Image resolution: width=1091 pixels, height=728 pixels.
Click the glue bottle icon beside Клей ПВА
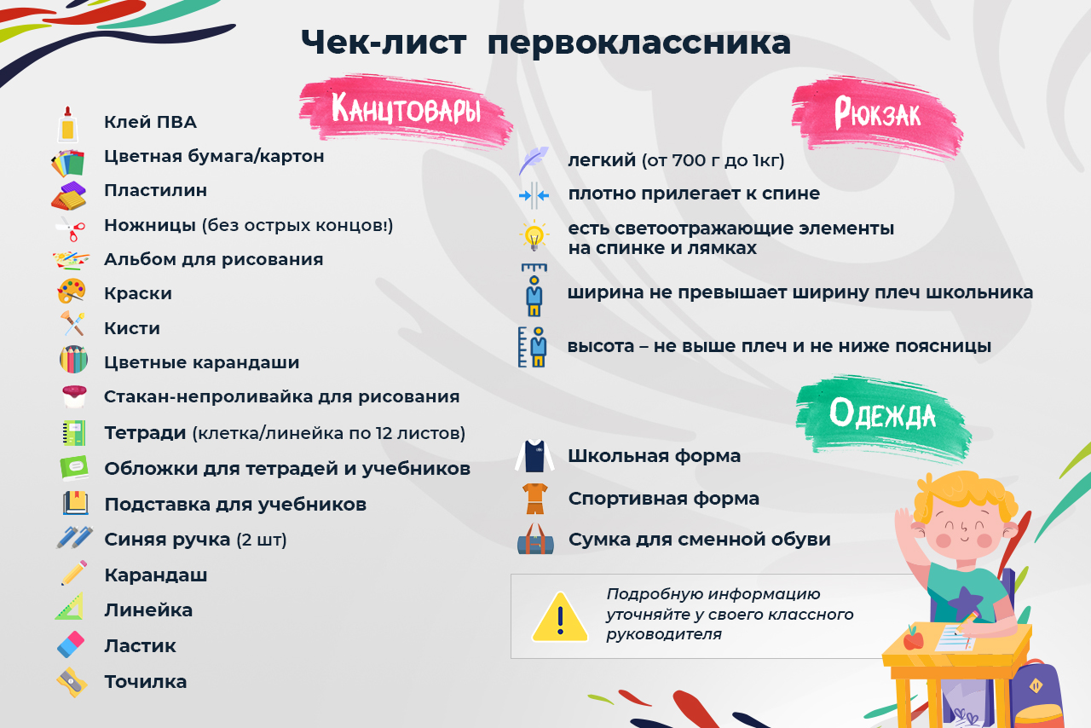click(68, 124)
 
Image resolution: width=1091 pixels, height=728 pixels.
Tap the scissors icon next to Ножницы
click(71, 228)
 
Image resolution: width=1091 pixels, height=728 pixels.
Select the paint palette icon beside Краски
click(72, 292)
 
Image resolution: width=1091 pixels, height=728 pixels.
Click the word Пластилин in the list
click(155, 190)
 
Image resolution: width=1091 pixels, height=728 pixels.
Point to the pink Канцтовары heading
click(406, 110)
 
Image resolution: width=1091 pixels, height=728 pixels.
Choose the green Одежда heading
click(882, 413)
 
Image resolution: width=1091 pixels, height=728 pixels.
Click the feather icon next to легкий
click(534, 160)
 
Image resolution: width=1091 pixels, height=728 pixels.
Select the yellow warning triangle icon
click(560, 617)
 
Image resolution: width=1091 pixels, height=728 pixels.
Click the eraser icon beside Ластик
click(72, 644)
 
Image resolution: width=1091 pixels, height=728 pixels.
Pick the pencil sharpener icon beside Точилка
click(72, 681)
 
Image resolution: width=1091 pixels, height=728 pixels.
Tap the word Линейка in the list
click(148, 610)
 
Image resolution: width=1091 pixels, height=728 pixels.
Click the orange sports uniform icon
click(534, 499)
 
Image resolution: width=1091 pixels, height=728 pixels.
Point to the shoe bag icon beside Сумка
click(535, 539)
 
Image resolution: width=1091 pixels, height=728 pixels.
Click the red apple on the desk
click(914, 637)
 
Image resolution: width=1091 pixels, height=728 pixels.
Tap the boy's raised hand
click(905, 519)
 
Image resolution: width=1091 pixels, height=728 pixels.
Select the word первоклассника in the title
click(638, 43)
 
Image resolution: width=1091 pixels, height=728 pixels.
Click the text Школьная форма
click(654, 456)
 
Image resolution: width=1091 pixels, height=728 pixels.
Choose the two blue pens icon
click(74, 538)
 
